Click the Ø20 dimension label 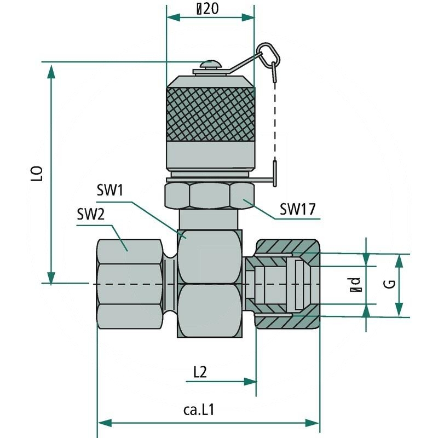pos(210,9)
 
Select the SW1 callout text pos(111,191)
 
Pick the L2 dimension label pos(200,372)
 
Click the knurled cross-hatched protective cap pos(211,112)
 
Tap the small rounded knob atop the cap pos(211,65)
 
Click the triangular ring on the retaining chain pos(268,53)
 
